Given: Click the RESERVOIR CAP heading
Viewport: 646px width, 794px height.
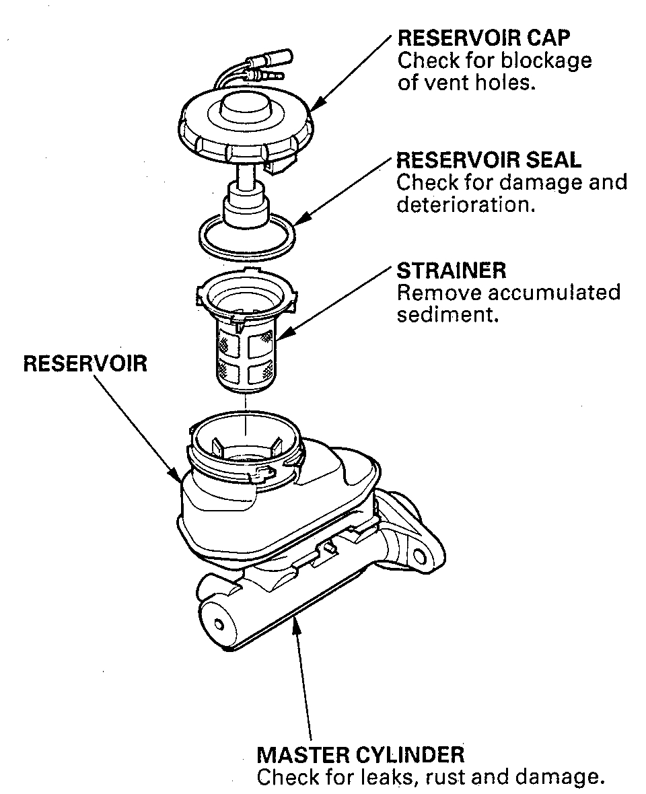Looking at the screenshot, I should pos(483,37).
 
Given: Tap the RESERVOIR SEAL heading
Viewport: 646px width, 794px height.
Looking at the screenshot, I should pos(489,159).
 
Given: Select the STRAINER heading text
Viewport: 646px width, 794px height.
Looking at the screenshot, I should pos(451,270).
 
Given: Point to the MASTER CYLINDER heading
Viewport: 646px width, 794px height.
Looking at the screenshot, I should pos(360,754).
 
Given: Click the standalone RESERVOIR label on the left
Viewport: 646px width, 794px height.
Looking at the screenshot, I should pos(85,364).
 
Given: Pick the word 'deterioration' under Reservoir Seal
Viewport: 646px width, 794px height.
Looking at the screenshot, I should pos(466,205).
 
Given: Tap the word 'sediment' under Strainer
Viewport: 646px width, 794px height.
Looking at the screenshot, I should pos(447,315).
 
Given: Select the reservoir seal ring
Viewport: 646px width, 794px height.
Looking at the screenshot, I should pos(247,236).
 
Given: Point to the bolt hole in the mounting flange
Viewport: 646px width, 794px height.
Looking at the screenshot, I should pos(420,556).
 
